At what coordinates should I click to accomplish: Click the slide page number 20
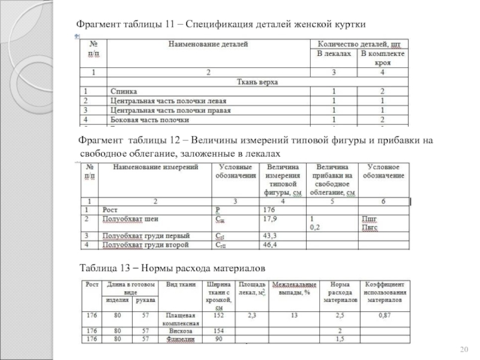[x=463, y=350]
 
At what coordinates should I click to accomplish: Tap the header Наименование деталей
[x=208, y=44]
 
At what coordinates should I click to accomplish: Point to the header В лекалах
[x=334, y=54]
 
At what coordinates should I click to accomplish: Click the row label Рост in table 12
[x=110, y=210]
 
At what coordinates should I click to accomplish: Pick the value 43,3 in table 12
[x=271, y=235]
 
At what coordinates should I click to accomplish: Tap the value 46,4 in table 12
[x=271, y=245]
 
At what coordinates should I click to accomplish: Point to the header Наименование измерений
[x=155, y=167]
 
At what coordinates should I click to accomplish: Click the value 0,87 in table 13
[x=385, y=314]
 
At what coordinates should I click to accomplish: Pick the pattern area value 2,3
[x=251, y=314]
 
